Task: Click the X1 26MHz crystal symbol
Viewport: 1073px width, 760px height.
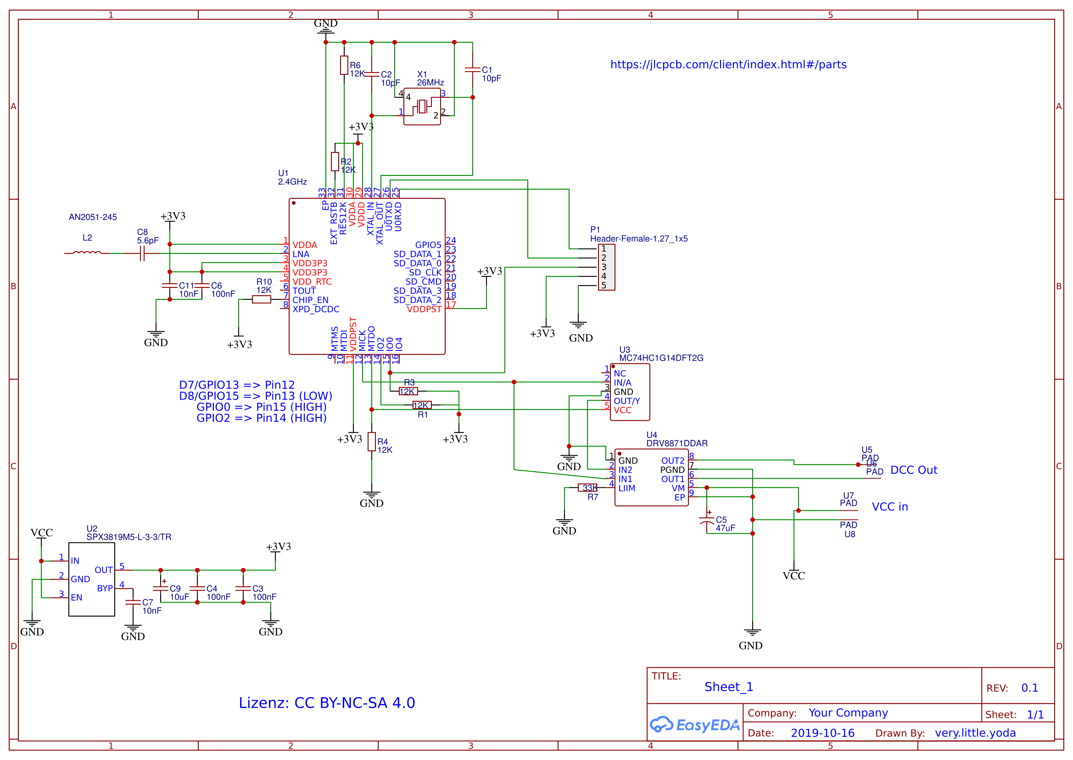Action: (422, 106)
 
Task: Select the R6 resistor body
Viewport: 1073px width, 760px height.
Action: (344, 65)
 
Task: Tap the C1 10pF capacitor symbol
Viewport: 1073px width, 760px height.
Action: (472, 70)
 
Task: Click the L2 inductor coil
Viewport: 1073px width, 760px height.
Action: (87, 253)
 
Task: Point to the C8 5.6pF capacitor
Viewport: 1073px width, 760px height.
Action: (142, 253)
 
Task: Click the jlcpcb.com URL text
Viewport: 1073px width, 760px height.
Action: (728, 65)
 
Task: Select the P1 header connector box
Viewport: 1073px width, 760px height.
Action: (606, 267)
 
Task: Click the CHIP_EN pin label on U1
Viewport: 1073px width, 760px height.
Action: (310, 300)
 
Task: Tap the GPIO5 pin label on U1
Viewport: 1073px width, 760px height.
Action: (428, 245)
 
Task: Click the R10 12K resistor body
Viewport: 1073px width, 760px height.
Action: (261, 299)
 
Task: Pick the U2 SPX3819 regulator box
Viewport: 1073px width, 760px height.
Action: (92, 579)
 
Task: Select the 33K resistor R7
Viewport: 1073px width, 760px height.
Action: (587, 488)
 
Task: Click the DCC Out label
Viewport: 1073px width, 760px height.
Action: (913, 470)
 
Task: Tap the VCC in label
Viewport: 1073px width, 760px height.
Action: (889, 507)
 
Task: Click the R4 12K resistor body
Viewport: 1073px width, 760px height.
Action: (371, 442)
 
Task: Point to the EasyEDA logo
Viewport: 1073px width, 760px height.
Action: (694, 725)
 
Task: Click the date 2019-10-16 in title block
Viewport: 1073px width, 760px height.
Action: (822, 733)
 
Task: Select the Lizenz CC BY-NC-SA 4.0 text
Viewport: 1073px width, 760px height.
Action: (326, 703)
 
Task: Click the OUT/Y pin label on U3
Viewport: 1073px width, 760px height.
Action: (626, 401)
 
